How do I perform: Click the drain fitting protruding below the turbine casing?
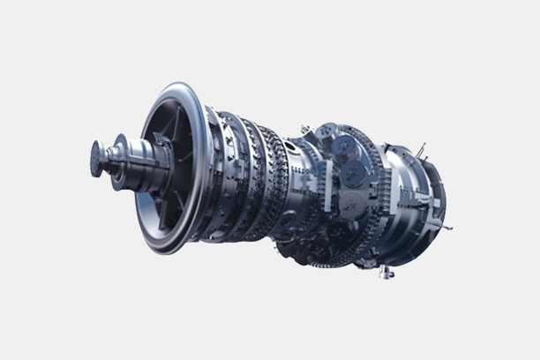(386, 272)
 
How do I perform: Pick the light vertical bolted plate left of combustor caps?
(325, 184)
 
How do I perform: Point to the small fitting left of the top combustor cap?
(305, 130)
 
